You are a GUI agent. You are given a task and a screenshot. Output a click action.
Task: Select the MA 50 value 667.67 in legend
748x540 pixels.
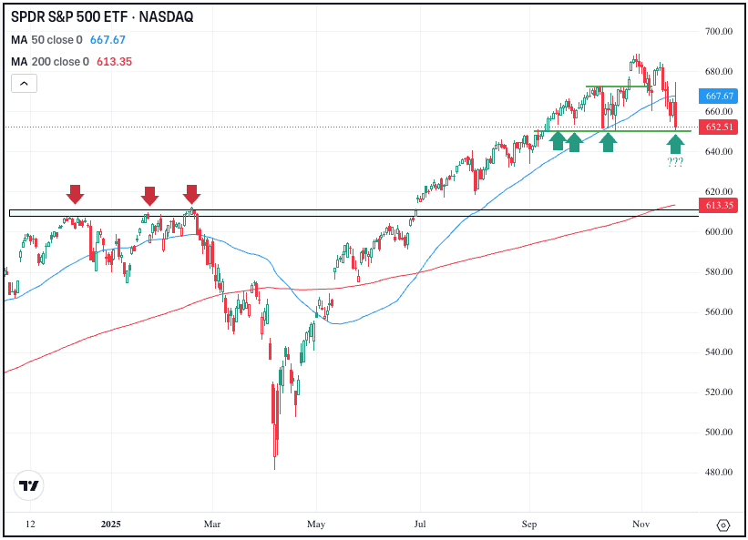coord(108,40)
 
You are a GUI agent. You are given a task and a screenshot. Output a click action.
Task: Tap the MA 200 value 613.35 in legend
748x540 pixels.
coord(112,61)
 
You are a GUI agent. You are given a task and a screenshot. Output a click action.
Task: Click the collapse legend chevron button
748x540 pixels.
coord(24,84)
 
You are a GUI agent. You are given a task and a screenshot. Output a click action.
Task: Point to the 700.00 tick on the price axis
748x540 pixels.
coord(719,32)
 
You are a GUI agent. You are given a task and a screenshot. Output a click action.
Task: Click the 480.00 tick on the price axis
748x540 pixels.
coord(719,473)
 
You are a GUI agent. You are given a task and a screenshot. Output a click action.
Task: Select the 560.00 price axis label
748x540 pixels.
coord(719,312)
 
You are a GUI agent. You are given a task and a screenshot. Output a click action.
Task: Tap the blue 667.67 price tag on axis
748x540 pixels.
coord(719,96)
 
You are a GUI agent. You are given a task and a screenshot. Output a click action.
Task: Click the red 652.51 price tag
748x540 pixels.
coord(719,127)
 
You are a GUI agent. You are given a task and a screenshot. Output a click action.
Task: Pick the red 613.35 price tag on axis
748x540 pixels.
coord(719,206)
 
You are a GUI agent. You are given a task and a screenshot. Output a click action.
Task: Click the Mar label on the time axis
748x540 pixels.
coord(211,525)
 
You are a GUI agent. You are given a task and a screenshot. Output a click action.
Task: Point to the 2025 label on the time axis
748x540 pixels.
coord(111,525)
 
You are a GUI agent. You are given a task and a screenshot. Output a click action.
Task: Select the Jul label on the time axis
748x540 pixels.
coord(420,525)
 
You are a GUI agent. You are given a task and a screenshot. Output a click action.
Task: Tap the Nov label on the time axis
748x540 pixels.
coord(640,525)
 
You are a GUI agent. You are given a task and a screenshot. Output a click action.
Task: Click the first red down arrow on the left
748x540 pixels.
coord(75,194)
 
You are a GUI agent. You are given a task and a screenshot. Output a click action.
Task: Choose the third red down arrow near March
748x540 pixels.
coord(191,194)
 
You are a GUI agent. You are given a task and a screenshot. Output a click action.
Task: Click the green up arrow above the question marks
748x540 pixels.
coord(675,144)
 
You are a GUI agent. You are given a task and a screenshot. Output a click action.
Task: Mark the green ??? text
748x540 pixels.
coord(675,162)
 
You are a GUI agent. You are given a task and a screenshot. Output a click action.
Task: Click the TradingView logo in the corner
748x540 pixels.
coord(30,486)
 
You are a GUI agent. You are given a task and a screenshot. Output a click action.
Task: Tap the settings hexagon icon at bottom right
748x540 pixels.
coord(723,525)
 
